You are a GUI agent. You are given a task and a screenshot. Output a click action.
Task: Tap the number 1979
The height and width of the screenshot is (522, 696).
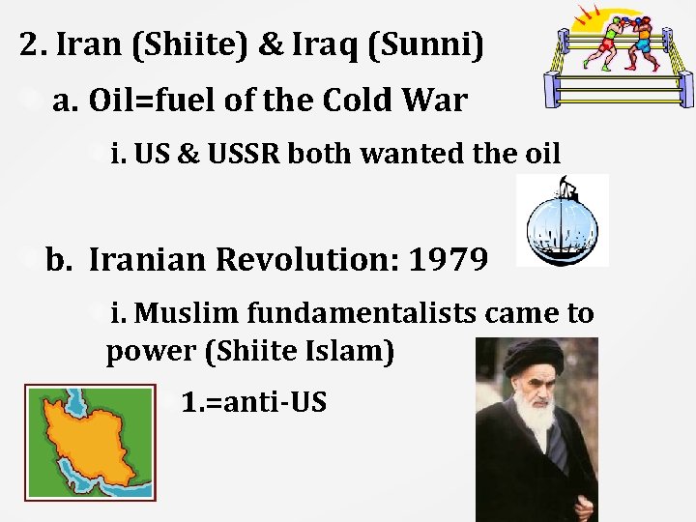[x=447, y=259]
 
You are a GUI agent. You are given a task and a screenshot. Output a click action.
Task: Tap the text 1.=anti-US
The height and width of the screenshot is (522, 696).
[x=253, y=401]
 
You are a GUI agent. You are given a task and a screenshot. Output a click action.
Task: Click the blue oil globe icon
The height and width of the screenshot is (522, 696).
[x=561, y=222]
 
